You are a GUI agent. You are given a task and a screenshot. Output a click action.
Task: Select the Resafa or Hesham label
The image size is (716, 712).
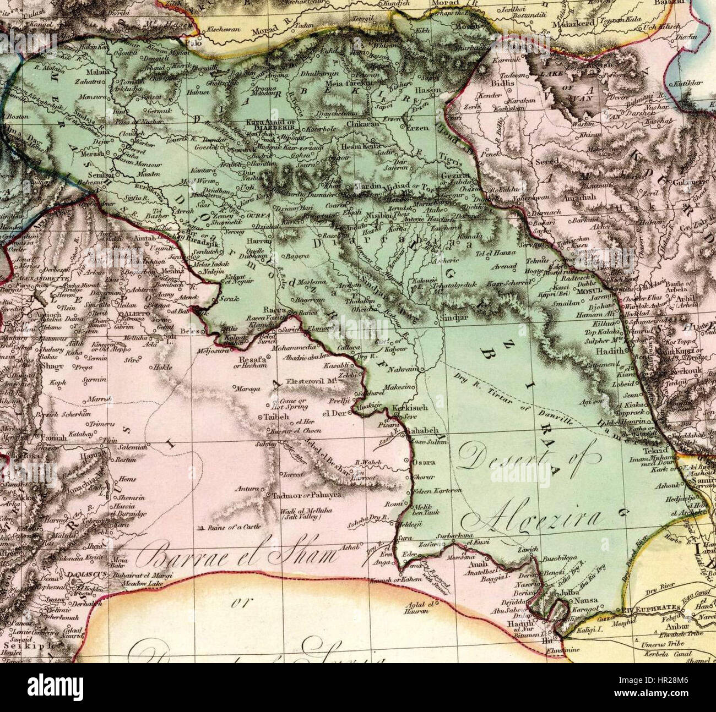click(x=250, y=363)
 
